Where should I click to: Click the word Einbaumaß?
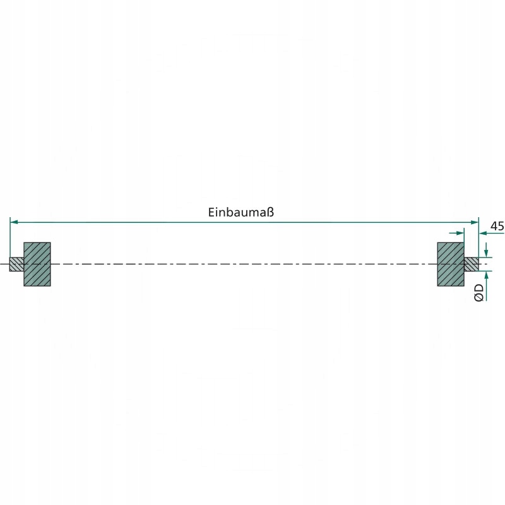pyautogui.click(x=241, y=213)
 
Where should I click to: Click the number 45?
pyautogui.click(x=497, y=226)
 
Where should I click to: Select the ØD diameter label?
pyautogui.click(x=479, y=292)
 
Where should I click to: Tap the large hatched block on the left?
pyautogui.click(x=37, y=264)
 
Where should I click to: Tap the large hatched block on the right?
pyautogui.click(x=451, y=264)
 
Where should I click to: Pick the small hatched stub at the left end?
pyautogui.click(x=16, y=264)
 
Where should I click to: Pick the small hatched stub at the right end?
pyautogui.click(x=472, y=264)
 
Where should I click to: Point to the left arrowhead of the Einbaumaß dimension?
pyautogui.click(x=15, y=222)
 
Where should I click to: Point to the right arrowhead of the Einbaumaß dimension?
pyautogui.click(x=475, y=222)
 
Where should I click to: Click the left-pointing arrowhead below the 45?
pyautogui.click(x=484, y=233)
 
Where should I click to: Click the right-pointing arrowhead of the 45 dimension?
pyautogui.click(x=460, y=233)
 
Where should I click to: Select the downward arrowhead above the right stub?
pyautogui.click(x=485, y=254)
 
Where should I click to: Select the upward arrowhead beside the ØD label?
pyautogui.click(x=485, y=275)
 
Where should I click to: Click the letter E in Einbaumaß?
pyautogui.click(x=211, y=213)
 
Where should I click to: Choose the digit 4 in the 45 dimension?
pyautogui.click(x=494, y=226)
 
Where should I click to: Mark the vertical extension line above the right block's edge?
pyautogui.click(x=465, y=237)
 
